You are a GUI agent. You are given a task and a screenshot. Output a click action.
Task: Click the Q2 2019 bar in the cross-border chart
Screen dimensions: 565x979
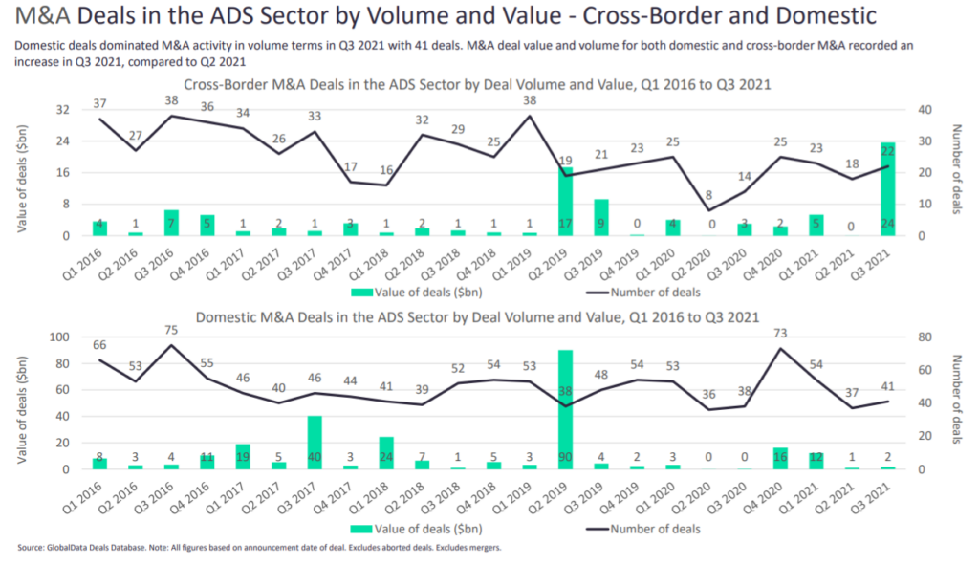pos(565,202)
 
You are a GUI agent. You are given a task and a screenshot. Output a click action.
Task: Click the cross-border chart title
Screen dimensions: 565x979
pos(478,84)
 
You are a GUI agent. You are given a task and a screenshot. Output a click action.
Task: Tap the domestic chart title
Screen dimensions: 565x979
pos(478,317)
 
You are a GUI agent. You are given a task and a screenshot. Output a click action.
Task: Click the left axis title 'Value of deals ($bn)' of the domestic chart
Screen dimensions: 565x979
pos(21,402)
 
